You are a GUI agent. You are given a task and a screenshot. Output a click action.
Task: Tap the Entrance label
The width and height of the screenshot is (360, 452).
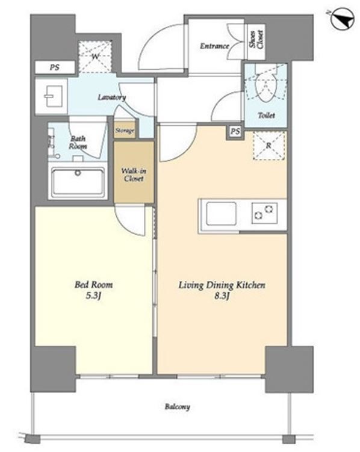pyautogui.click(x=214, y=46)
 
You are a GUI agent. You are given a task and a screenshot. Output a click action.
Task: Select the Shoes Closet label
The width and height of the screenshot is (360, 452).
pyautogui.click(x=256, y=40)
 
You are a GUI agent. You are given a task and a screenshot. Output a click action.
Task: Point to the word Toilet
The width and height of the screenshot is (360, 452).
pyautogui.click(x=266, y=116)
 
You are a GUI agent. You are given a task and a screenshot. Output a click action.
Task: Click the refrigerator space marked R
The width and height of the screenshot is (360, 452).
pyautogui.click(x=268, y=146)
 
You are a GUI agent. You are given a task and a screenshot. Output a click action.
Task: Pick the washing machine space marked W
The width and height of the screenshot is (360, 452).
pyautogui.click(x=95, y=57)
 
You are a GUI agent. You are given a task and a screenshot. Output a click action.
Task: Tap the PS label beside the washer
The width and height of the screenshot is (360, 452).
pyautogui.click(x=54, y=67)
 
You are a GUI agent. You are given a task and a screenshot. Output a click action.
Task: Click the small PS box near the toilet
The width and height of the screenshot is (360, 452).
pyautogui.click(x=235, y=132)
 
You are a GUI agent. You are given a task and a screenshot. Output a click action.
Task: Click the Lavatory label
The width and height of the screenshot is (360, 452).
pyautogui.click(x=111, y=97)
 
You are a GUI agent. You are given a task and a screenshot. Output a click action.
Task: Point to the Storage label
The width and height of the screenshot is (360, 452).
pyautogui.click(x=125, y=131)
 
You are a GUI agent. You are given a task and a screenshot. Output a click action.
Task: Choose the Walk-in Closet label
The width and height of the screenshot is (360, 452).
pyautogui.click(x=134, y=175)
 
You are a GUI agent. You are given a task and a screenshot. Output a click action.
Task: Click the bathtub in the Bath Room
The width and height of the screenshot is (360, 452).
pyautogui.click(x=78, y=182)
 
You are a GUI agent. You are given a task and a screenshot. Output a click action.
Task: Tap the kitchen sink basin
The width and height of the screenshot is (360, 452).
pyautogui.click(x=222, y=214)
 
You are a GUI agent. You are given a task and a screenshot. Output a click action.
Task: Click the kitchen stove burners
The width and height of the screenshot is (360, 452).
pyautogui.click(x=264, y=212)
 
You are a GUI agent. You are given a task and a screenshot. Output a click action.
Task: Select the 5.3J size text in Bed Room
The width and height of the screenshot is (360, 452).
pyautogui.click(x=93, y=296)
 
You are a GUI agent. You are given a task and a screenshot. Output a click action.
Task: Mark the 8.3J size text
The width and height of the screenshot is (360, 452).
pyautogui.click(x=222, y=296)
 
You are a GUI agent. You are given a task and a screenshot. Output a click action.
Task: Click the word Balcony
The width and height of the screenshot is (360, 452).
pyautogui.click(x=177, y=407)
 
